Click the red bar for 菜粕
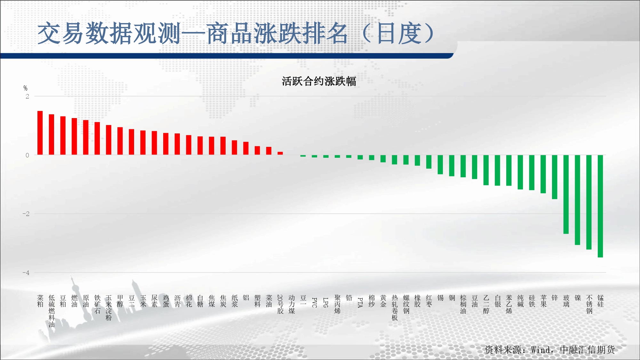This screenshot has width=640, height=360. pyautogui.click(x=40, y=133)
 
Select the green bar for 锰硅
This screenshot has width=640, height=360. pyautogui.click(x=600, y=206)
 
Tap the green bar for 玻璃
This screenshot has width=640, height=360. pyautogui.click(x=566, y=194)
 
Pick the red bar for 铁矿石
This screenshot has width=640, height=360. pyautogui.click(x=97, y=138)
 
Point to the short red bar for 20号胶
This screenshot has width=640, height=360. pyautogui.click(x=280, y=153)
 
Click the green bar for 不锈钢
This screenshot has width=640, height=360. pyautogui.click(x=589, y=202)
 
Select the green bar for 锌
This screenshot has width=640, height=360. pyautogui.click(x=555, y=177)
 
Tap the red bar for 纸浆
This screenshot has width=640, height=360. pyautogui.click(x=235, y=148)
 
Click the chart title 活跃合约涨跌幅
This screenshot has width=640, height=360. pyautogui.click(x=319, y=81)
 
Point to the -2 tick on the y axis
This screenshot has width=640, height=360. pyautogui.click(x=26, y=214)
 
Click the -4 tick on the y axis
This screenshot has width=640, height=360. pyautogui.click(x=26, y=273)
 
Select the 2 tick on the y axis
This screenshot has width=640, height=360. pyautogui.click(x=27, y=96)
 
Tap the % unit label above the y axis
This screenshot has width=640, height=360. pyautogui.click(x=26, y=88)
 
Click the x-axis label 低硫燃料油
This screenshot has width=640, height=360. pyautogui.click(x=52, y=311)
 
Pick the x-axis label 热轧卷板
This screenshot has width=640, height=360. pyautogui.click(x=395, y=308)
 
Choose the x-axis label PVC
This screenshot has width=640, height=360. pyautogui.click(x=315, y=302)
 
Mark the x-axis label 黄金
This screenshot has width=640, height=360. pyautogui.click(x=383, y=301)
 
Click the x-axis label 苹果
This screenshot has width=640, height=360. pyautogui.click(x=543, y=301)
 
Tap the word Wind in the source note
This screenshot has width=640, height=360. pyautogui.click(x=541, y=350)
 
